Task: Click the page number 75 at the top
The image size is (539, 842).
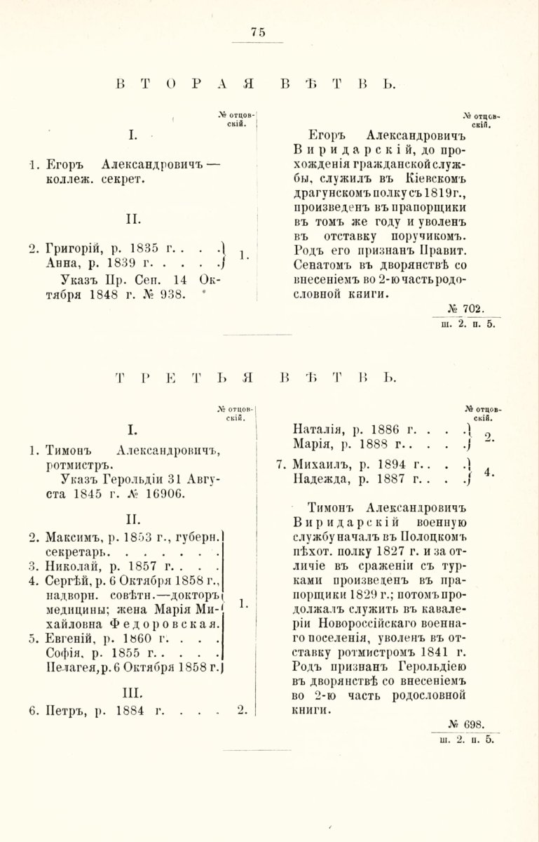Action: point(258,32)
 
